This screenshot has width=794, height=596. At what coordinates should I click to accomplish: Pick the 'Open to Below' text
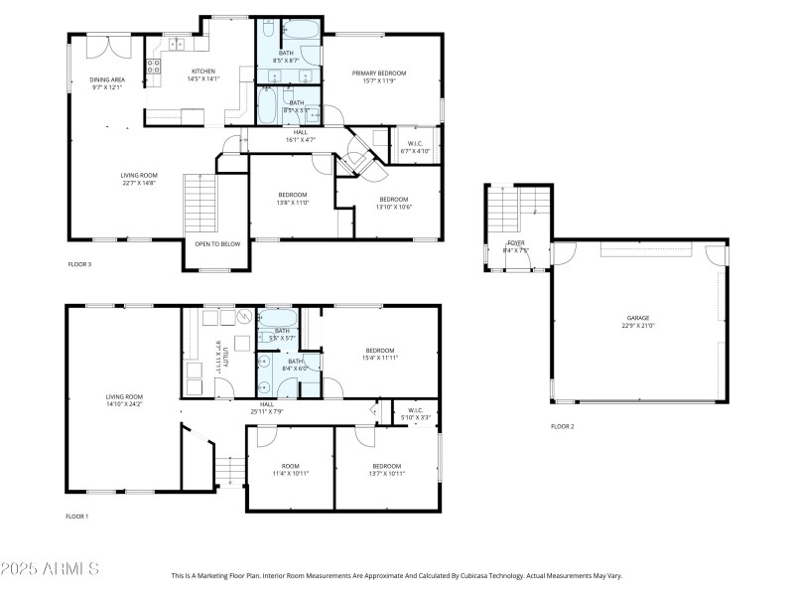point(216,243)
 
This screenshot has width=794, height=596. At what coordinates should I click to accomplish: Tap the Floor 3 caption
point(79,265)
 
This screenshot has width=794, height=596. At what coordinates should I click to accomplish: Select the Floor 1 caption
point(77,517)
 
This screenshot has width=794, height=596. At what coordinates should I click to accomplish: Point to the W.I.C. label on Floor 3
point(417,148)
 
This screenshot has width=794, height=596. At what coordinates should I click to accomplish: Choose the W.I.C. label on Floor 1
point(416,414)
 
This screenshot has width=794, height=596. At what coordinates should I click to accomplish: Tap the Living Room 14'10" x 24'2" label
point(125,401)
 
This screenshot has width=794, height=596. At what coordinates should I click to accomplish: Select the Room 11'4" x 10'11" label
point(291,470)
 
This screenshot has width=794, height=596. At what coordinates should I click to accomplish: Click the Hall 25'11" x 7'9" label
point(267,407)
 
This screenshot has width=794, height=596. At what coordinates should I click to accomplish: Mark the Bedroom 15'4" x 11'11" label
point(380,354)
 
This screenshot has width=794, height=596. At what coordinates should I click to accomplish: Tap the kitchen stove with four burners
point(155,67)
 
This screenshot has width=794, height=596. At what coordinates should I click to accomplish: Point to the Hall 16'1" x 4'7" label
point(301,136)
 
